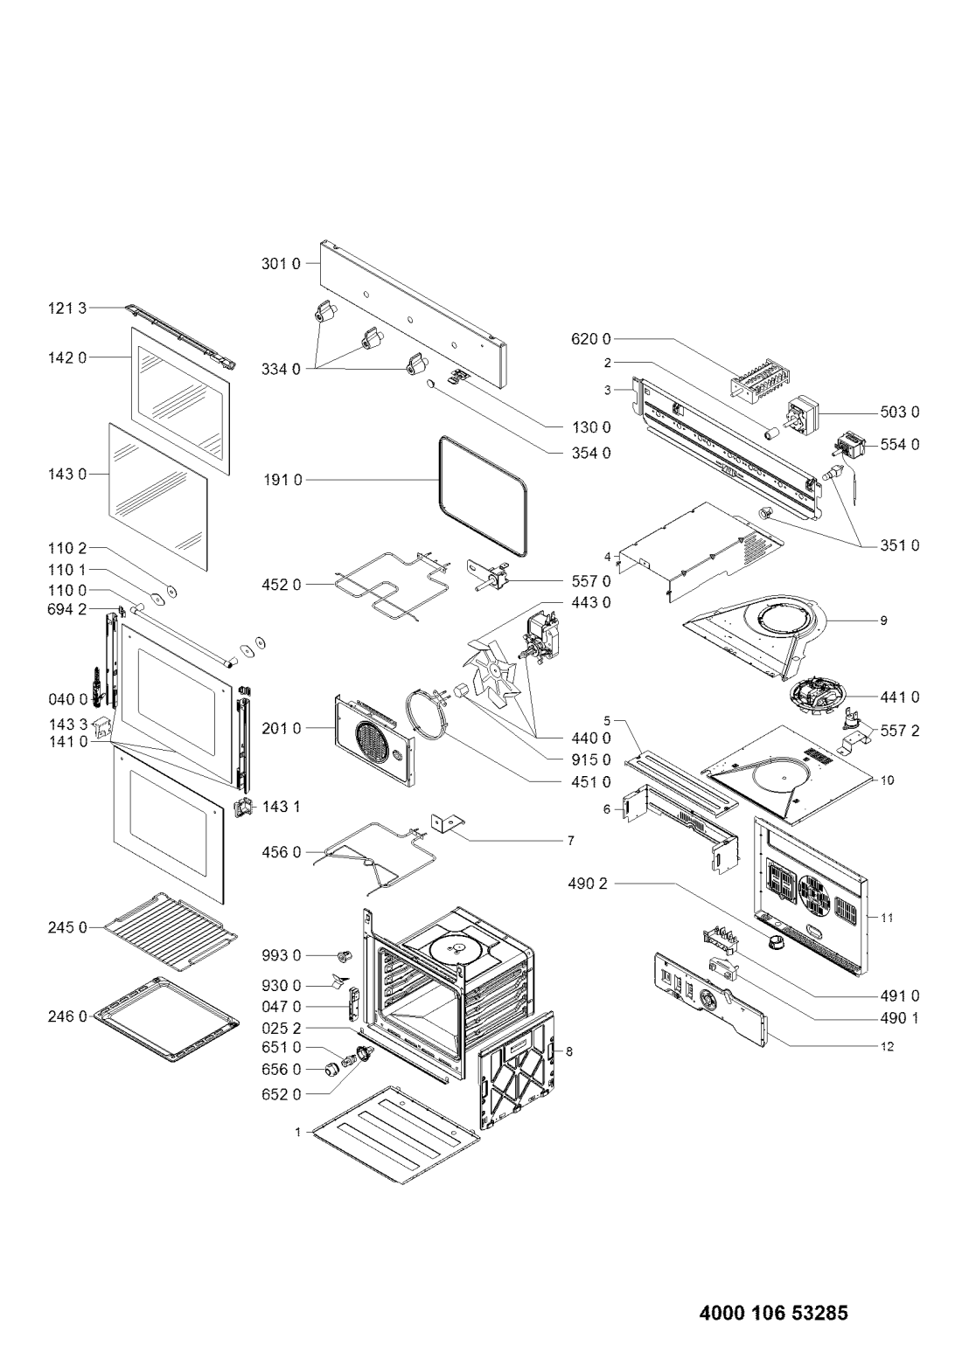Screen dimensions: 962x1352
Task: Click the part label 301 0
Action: click(281, 264)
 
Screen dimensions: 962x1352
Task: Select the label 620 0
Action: click(590, 339)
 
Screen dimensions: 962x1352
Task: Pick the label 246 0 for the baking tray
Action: click(67, 1017)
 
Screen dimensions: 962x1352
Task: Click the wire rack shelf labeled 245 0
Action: click(171, 933)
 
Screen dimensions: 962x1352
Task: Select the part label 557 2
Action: click(900, 731)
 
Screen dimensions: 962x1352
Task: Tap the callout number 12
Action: click(887, 1046)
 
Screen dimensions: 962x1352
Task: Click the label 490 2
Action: click(588, 884)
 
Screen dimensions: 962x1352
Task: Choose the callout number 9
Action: click(883, 621)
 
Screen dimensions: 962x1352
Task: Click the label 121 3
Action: click(67, 309)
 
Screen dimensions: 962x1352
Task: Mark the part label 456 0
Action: click(281, 852)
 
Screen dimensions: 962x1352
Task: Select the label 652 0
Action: click(281, 1093)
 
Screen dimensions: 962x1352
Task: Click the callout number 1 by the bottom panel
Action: click(297, 1133)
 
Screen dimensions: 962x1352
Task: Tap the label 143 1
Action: click(282, 807)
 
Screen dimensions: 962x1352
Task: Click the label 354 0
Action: click(590, 452)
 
